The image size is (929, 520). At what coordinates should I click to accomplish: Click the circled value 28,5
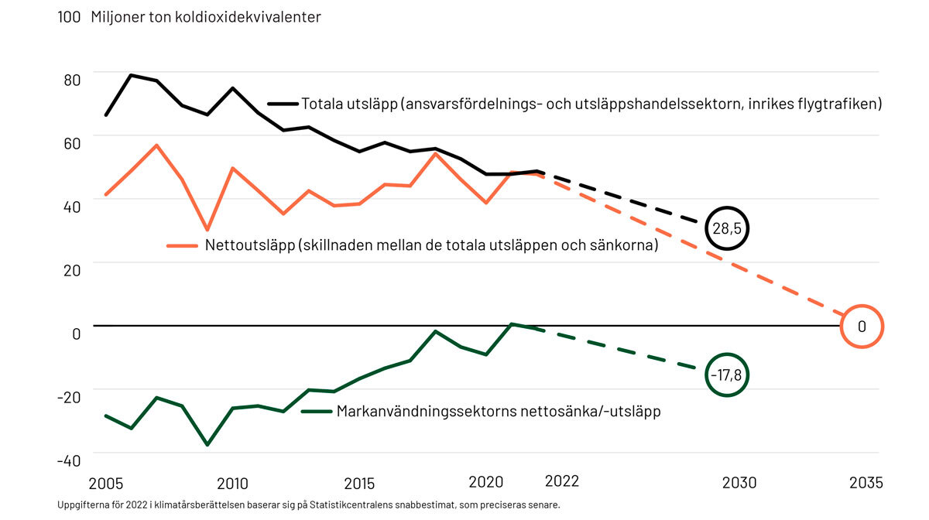coord(728,229)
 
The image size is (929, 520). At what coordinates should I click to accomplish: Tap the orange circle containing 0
coord(861,327)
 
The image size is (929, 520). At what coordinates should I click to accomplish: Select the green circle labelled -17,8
coord(728,375)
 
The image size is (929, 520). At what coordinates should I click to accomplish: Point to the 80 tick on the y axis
coord(70,79)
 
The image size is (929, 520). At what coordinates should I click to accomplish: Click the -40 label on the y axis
coord(69,460)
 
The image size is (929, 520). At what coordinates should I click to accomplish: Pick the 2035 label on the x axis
coord(865,484)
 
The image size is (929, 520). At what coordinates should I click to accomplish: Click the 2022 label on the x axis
coord(562,481)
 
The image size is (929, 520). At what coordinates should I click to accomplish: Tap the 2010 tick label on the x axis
coord(232,484)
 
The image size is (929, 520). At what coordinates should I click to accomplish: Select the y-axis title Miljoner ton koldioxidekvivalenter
coord(206,17)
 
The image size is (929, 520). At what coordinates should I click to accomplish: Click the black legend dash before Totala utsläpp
coord(283,103)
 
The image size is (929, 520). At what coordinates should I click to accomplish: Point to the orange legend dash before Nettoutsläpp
coord(183,246)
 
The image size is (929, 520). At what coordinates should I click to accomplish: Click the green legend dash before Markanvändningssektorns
coord(317,412)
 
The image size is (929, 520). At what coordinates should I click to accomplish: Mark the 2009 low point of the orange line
coord(207,230)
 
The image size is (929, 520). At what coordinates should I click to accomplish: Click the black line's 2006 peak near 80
coord(131,75)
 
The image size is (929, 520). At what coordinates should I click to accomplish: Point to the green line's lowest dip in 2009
coord(207,445)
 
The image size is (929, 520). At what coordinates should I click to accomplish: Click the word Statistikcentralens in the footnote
coord(371,505)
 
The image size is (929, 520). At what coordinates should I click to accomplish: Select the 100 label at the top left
coord(69,17)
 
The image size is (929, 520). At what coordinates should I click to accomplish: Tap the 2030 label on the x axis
coord(739,484)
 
